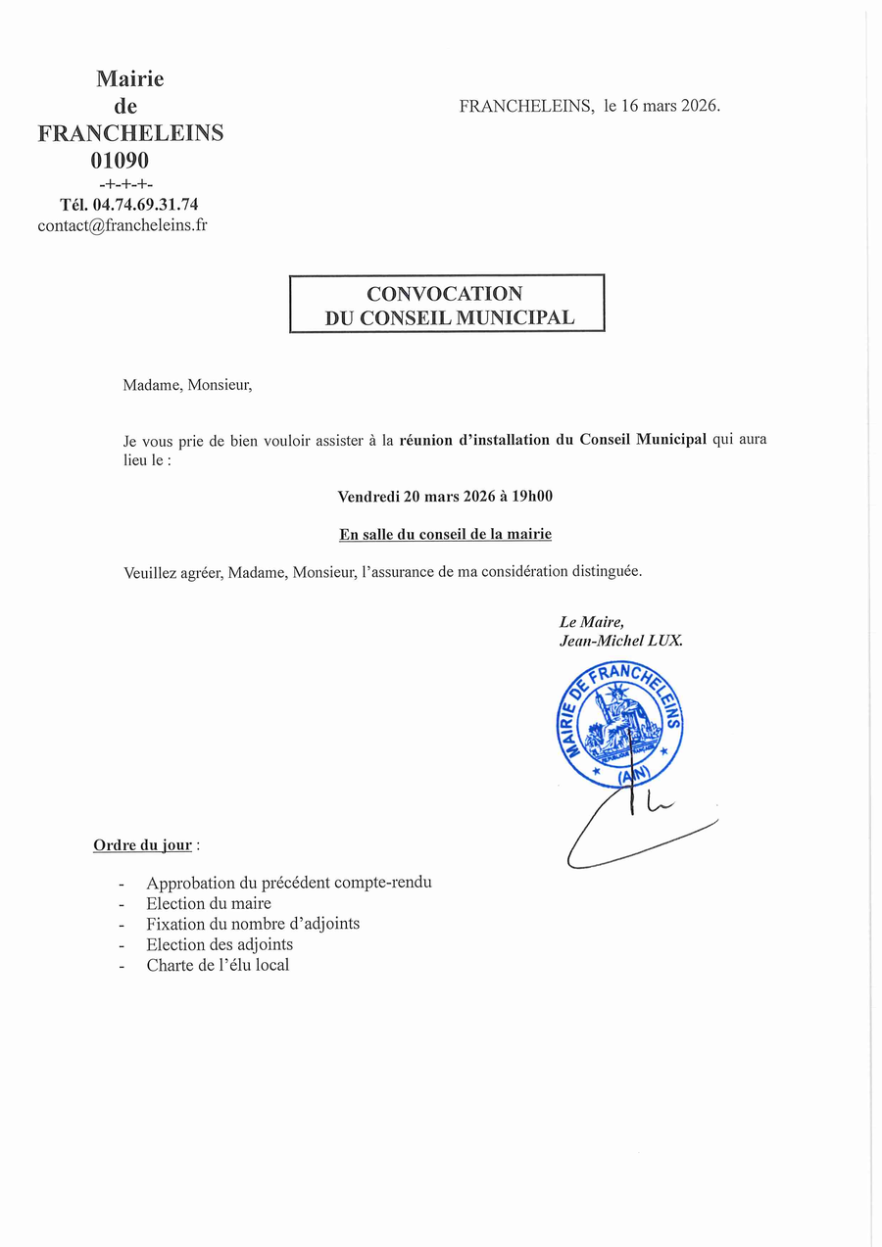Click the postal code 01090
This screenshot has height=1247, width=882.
click(x=120, y=160)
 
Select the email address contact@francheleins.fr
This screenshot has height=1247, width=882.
click(x=122, y=225)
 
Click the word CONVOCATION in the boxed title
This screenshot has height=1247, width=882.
click(x=444, y=293)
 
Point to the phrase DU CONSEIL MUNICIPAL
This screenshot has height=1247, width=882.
click(x=450, y=317)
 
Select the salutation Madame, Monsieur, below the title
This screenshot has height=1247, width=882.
click(x=187, y=385)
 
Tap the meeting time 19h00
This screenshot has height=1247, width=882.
click(x=532, y=497)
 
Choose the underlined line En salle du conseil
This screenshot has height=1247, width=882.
click(x=445, y=534)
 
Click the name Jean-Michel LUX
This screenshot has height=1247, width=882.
click(x=620, y=641)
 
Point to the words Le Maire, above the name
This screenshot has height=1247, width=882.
click(x=591, y=622)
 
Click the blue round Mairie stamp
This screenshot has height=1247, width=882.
click(x=616, y=725)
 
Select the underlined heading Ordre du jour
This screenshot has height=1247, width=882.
click(x=142, y=844)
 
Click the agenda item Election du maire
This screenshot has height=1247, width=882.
click(x=209, y=903)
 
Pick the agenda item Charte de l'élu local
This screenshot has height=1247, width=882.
click(x=218, y=965)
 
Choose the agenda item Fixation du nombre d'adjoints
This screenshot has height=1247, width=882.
click(x=253, y=924)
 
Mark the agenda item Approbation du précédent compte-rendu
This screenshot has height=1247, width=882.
click(x=289, y=883)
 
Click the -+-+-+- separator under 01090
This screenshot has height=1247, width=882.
click(x=126, y=184)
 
